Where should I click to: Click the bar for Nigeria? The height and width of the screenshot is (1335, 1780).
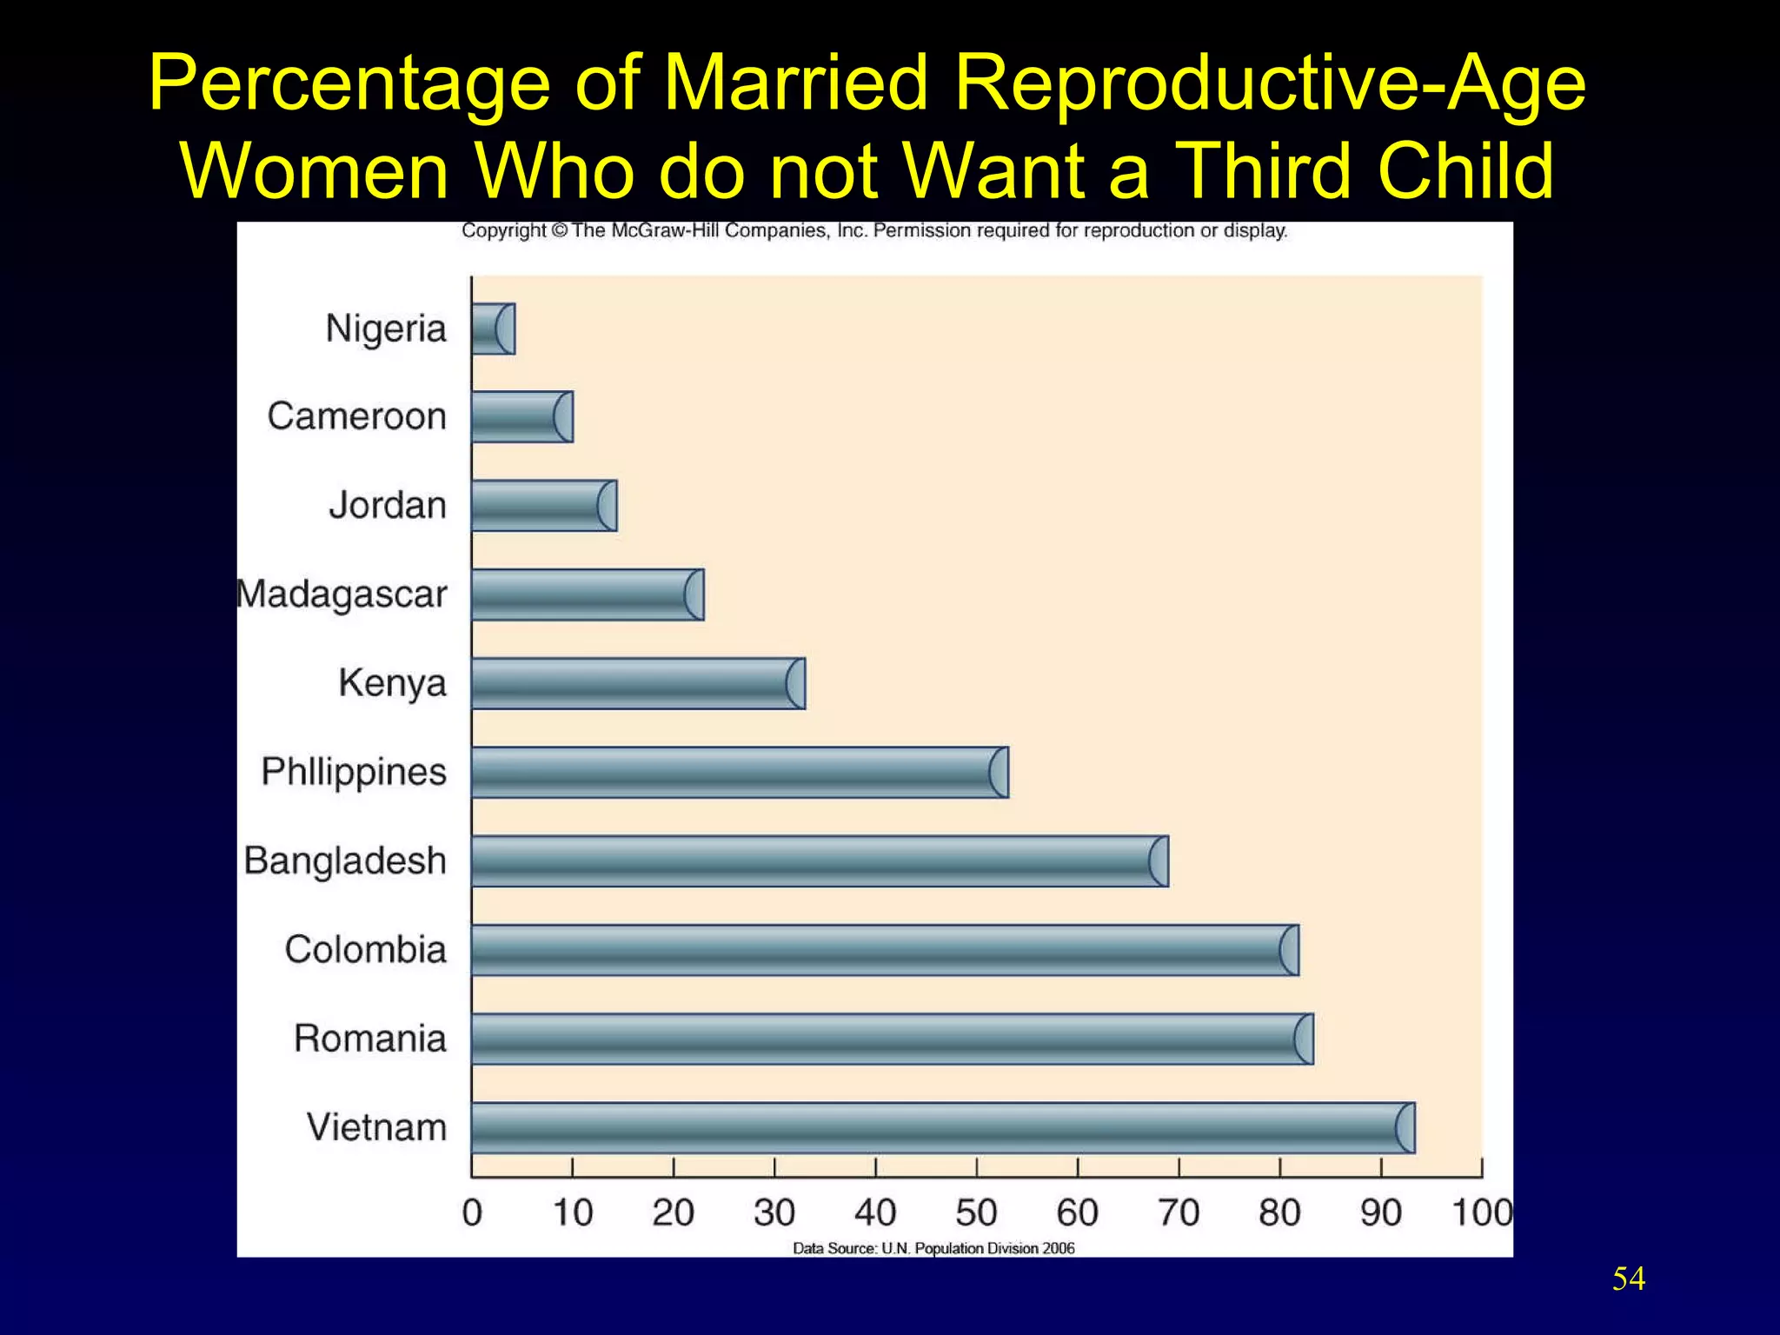click(493, 329)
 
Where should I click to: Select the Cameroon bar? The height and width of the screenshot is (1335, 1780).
click(521, 417)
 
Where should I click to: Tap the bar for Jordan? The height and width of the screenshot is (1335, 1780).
click(544, 506)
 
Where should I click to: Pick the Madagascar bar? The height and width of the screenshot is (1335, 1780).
click(588, 595)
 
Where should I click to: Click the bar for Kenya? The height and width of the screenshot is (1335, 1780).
click(638, 684)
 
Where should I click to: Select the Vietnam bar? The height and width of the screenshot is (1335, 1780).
click(943, 1128)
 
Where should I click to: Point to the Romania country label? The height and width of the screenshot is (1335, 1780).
click(370, 1039)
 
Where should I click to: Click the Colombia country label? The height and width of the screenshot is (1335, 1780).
click(365, 949)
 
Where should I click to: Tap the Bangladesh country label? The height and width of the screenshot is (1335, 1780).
click(345, 860)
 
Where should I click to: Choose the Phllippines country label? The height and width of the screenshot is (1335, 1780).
click(354, 772)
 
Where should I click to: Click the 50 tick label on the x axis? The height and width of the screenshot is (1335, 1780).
click(976, 1212)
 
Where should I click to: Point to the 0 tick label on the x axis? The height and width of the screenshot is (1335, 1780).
click(472, 1212)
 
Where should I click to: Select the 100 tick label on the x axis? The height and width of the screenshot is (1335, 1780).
click(1482, 1212)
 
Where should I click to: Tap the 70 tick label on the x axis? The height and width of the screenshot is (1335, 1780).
click(1179, 1212)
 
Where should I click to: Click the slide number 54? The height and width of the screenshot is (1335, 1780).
click(1628, 1279)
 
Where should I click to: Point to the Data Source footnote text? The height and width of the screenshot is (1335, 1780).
click(933, 1248)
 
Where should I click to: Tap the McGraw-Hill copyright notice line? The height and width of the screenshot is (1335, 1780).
click(874, 231)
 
